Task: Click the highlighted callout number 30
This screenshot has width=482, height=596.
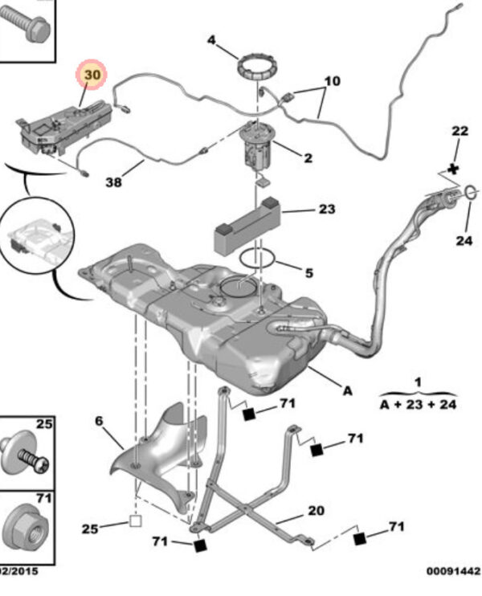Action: pyautogui.click(x=92, y=76)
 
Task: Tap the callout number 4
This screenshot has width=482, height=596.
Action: pyautogui.click(x=212, y=40)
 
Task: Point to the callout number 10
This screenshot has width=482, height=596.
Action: pyautogui.click(x=332, y=80)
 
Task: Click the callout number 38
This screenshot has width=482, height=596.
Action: pyautogui.click(x=114, y=182)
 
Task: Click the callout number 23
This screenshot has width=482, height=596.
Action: pyautogui.click(x=326, y=210)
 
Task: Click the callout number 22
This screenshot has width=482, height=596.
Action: pyautogui.click(x=459, y=131)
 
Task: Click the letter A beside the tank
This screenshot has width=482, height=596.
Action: pyautogui.click(x=347, y=391)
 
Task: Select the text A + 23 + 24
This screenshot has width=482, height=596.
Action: pyautogui.click(x=418, y=404)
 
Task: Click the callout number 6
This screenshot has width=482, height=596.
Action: pyautogui.click(x=100, y=420)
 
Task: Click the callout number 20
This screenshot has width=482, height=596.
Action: pyautogui.click(x=316, y=511)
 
